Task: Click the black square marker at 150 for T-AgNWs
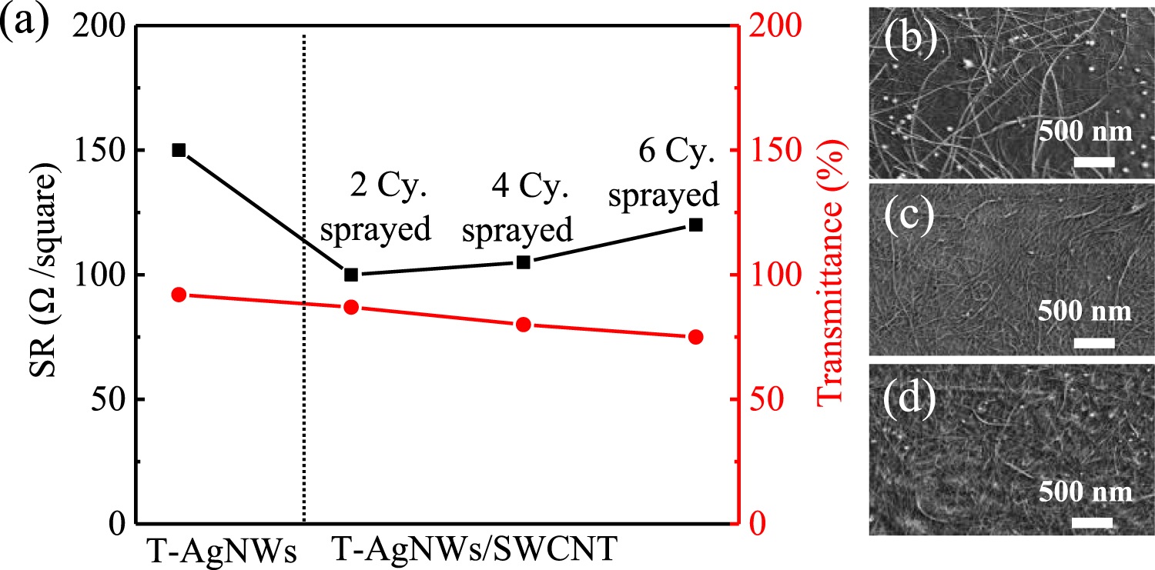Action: point(179,150)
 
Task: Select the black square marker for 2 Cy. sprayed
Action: point(351,275)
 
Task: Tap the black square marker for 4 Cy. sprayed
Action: point(524,262)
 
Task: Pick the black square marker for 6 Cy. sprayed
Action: point(695,225)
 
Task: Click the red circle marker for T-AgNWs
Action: point(179,295)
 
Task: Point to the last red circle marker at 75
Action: point(695,337)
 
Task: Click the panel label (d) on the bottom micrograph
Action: point(910,398)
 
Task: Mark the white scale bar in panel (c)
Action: point(1093,342)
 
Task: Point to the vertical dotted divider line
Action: point(305,277)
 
